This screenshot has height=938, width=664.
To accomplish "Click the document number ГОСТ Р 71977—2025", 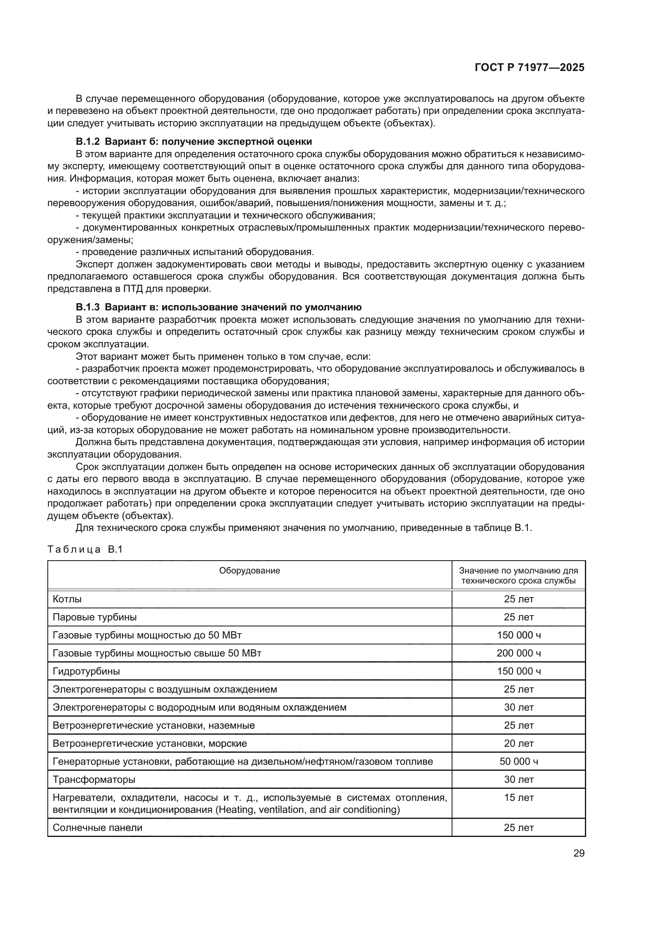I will tap(529, 68).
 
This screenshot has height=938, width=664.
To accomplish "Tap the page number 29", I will tap(578, 853).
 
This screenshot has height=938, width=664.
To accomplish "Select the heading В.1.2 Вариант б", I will tap(194, 142).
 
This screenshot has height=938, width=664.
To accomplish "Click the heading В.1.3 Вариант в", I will tap(218, 307).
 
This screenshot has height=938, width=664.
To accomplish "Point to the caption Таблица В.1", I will tap(85, 549).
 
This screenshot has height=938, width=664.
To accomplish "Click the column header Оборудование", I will tap(249, 571).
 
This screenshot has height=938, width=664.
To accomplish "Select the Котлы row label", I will tap(67, 599).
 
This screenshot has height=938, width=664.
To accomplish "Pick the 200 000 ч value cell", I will tap(518, 653).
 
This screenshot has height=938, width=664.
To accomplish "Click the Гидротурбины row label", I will tap(86, 671).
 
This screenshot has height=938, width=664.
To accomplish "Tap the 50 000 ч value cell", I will tap(518, 762).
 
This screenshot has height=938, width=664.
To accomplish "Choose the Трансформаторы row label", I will tap(94, 780).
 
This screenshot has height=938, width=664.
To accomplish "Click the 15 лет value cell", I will tap(518, 798).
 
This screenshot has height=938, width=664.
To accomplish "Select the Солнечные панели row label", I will tap(97, 828).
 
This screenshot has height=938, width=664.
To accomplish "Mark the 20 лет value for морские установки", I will tap(518, 744).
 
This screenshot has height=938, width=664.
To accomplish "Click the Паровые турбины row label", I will tap(94, 617).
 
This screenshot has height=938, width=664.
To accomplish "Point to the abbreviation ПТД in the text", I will tap(132, 289).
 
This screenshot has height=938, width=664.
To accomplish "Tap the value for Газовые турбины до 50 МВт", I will tap(518, 635).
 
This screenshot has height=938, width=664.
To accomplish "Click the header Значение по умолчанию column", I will tap(518, 575).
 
